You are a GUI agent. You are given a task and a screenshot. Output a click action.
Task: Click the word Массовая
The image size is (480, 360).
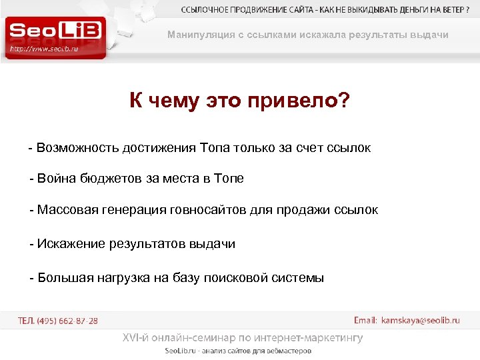(x=67, y=210)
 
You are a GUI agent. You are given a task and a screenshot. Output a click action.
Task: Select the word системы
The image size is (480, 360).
(x=299, y=278)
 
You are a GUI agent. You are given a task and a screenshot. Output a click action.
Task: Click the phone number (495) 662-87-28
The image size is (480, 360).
(x=67, y=321)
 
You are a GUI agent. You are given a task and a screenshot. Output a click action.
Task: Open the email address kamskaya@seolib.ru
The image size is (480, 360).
(x=420, y=321)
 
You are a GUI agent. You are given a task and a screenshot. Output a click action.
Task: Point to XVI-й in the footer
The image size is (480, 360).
(x=136, y=338)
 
